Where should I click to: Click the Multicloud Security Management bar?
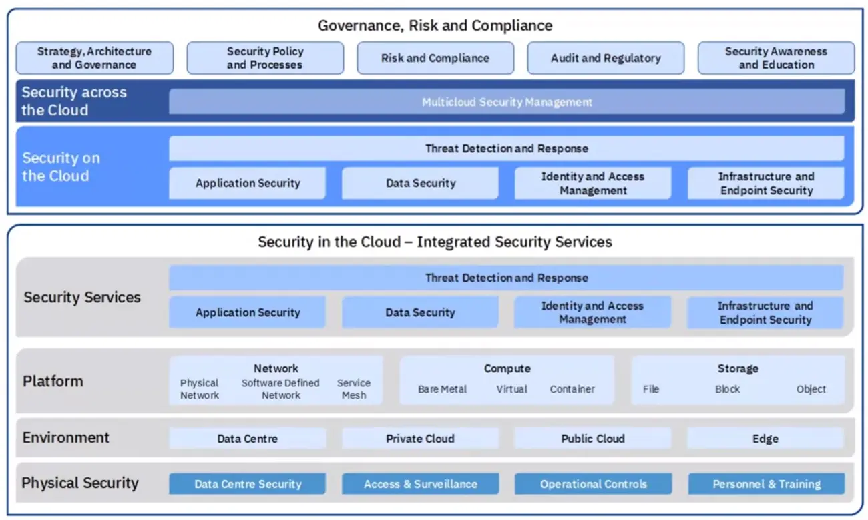pyautogui.click(x=507, y=102)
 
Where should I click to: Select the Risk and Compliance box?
pyautogui.click(x=435, y=58)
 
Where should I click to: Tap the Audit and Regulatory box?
pyautogui.click(x=606, y=58)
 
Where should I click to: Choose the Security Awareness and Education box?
pyautogui.click(x=776, y=58)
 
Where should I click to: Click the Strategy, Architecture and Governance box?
pyautogui.click(x=94, y=58)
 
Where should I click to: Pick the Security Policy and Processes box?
pyautogui.click(x=265, y=58)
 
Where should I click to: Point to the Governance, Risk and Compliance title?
pyautogui.click(x=435, y=26)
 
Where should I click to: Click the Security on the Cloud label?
pyautogui.click(x=61, y=167)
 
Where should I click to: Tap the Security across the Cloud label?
pyautogui.click(x=73, y=101)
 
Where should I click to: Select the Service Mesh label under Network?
pyautogui.click(x=353, y=388)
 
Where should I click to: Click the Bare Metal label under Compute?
pyautogui.click(x=442, y=389)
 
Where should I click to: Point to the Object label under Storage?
pyautogui.click(x=811, y=389)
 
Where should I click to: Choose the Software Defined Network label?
pyautogui.click(x=280, y=388)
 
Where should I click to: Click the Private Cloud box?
pyautogui.click(x=420, y=439)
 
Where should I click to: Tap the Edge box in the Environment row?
pyautogui.click(x=765, y=439)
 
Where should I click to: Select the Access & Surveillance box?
pyautogui.click(x=420, y=484)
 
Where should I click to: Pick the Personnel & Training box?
pyautogui.click(x=766, y=484)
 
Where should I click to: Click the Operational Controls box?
pyautogui.click(x=593, y=484)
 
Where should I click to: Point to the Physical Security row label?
pyautogui.click(x=80, y=483)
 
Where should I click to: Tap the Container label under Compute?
pyautogui.click(x=572, y=389)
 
